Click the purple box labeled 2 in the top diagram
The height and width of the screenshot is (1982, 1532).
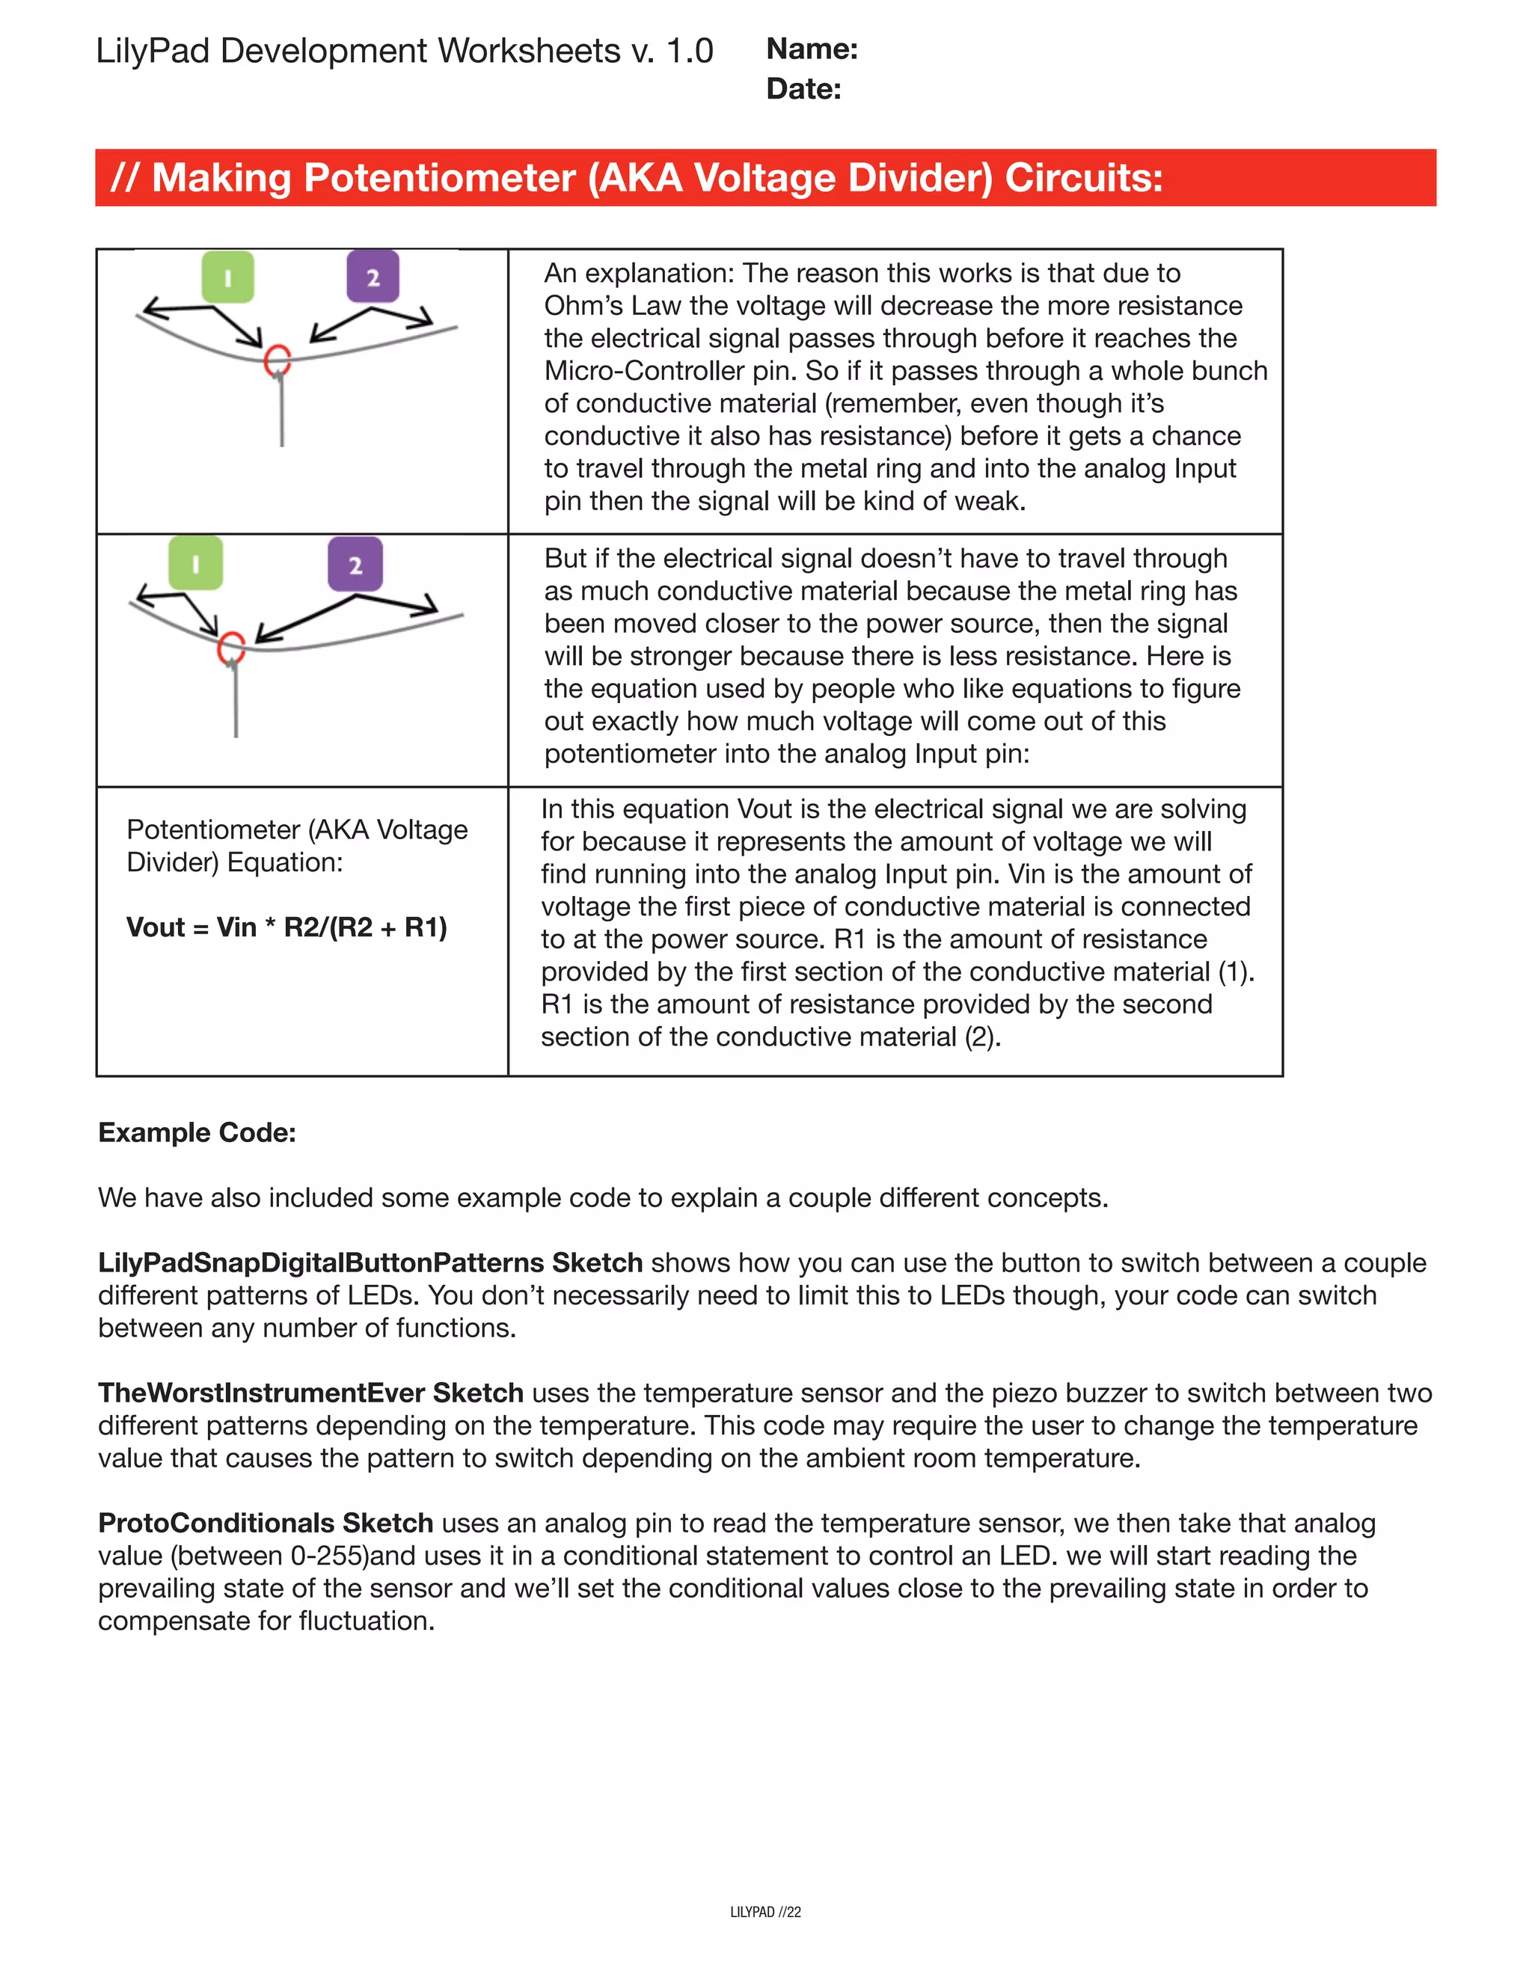point(373,277)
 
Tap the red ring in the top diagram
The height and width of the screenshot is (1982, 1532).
point(277,360)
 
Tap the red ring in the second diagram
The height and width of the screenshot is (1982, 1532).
point(231,648)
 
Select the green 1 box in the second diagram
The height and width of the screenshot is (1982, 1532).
point(195,564)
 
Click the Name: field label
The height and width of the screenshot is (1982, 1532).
point(812,49)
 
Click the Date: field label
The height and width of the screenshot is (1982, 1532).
point(803,89)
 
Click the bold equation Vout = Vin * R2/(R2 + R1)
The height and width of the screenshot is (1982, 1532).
point(287,927)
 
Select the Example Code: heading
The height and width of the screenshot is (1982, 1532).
point(197,1132)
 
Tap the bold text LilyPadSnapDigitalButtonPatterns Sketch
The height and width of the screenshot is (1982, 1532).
point(370,1262)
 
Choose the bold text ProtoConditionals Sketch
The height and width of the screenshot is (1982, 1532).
point(265,1523)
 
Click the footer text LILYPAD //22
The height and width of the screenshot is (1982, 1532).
point(765,1912)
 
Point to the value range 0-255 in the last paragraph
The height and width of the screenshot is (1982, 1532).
point(328,1556)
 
